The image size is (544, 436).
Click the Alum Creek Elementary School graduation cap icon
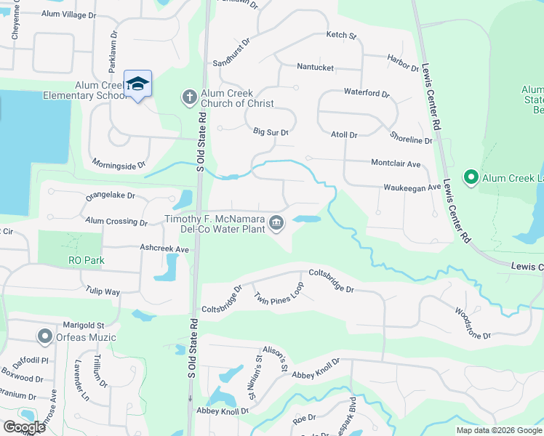coord(137,84)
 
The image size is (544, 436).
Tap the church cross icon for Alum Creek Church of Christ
coord(188,97)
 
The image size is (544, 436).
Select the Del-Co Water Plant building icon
coord(276,223)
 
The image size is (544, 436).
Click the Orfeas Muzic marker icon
coord(44,336)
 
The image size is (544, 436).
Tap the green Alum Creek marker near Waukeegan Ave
coord(471,177)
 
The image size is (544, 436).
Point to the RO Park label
coord(87,260)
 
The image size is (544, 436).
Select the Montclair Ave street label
coord(396,164)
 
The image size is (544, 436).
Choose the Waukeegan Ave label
coord(412,187)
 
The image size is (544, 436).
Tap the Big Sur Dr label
coord(271,132)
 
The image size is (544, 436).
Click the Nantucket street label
coord(315,68)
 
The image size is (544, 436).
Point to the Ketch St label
coord(341,35)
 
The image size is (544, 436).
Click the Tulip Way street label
coord(102,292)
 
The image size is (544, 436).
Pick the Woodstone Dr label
coord(473,324)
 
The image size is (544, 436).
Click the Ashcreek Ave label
coord(164,249)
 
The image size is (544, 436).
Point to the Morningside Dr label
coord(119,166)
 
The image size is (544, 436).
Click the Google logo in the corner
coord(24,427)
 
